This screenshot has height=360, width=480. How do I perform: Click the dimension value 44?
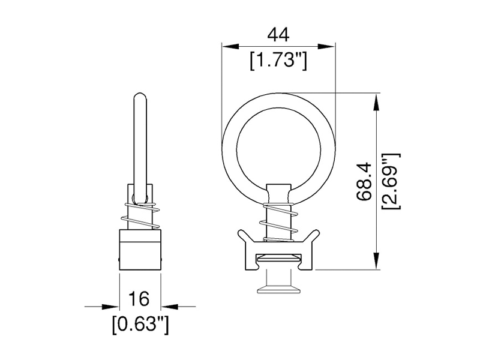click(x=278, y=35)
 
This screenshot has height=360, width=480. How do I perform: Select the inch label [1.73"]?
click(x=278, y=61)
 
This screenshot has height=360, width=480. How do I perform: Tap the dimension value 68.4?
click(x=364, y=181)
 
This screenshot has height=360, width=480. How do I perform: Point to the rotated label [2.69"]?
click(x=391, y=181)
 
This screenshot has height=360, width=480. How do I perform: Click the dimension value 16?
click(x=139, y=298)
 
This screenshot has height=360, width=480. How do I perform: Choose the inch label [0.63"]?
click(x=139, y=325)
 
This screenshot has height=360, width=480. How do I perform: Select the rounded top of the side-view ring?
click(x=139, y=97)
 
